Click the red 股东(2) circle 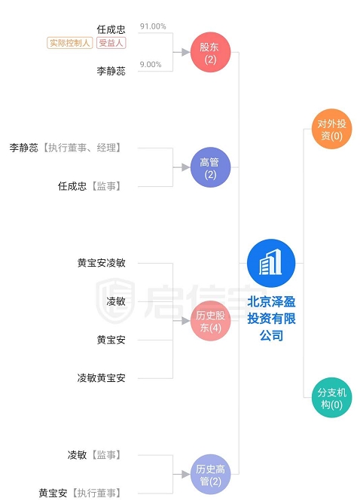click(x=211, y=52)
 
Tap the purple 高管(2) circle click(x=211, y=167)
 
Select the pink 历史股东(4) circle click(x=211, y=321)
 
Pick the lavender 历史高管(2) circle click(x=211, y=475)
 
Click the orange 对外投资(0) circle click(x=332, y=129)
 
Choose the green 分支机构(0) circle click(x=332, y=398)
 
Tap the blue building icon click(x=271, y=263)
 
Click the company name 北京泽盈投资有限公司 click(x=272, y=319)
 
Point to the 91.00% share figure click(x=153, y=26)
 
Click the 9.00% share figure click(x=151, y=65)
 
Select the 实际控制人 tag click(x=69, y=43)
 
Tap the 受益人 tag click(x=111, y=43)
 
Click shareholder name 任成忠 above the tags click(x=111, y=29)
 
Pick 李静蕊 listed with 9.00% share click(x=111, y=71)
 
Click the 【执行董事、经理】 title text click(x=82, y=148)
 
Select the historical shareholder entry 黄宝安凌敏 click(x=101, y=263)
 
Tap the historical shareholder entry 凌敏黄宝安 click(x=101, y=378)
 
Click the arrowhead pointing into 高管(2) click(x=185, y=167)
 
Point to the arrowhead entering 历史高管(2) click(x=185, y=475)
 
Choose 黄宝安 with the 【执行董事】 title click(x=53, y=493)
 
